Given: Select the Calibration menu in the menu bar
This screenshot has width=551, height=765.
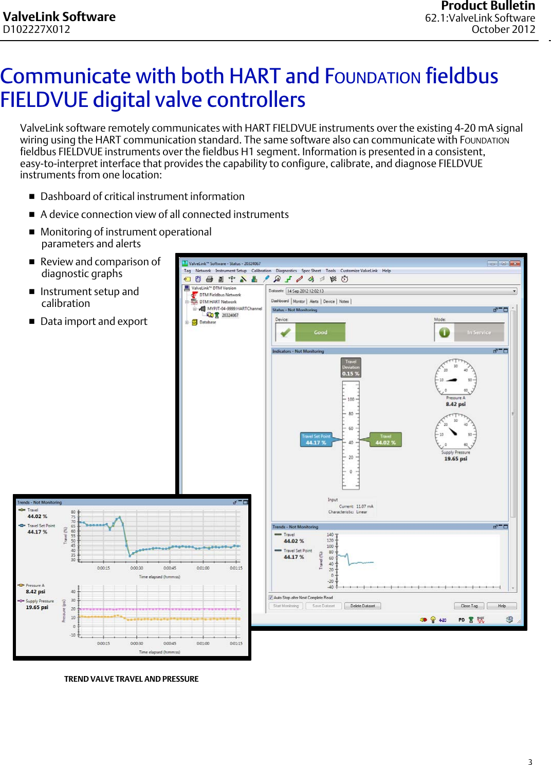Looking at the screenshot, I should tap(261, 270).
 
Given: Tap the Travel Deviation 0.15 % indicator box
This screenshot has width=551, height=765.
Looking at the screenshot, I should tap(351, 368).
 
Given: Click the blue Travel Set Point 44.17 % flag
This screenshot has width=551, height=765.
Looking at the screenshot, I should tap(316, 440).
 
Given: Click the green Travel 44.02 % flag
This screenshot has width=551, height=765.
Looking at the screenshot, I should tap(385, 440).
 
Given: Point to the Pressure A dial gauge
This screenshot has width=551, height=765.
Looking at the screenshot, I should tap(455, 379).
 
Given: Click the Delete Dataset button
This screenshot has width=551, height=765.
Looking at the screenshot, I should tap(362, 606).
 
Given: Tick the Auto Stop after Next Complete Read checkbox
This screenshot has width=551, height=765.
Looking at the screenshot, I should tap(271, 597).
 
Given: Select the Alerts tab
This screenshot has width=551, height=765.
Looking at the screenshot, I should tap(314, 301).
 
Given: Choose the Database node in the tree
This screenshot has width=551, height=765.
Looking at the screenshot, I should tap(207, 322).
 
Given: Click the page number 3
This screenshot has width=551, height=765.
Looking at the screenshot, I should tap(530, 762).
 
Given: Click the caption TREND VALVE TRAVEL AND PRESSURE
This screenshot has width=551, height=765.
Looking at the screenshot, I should tap(131, 679).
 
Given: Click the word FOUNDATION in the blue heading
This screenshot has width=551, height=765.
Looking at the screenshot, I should tap(373, 77).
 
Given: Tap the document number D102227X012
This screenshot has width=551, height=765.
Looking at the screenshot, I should tap(36, 29).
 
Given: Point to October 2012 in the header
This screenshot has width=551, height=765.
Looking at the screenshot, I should tap(503, 29).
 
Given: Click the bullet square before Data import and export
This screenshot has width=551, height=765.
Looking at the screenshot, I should tap(32, 321).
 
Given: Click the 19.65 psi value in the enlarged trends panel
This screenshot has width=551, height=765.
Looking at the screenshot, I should tap(37, 607).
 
